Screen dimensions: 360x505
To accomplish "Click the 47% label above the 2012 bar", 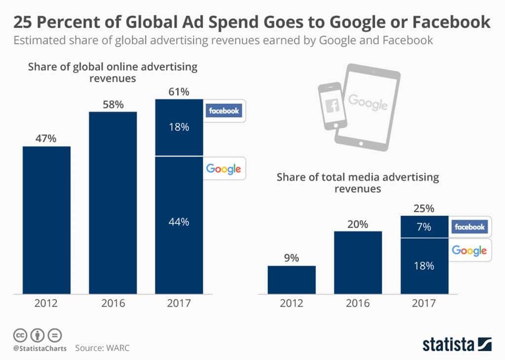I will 46,139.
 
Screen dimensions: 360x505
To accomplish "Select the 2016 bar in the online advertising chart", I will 112,202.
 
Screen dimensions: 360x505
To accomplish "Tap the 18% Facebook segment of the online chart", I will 179,127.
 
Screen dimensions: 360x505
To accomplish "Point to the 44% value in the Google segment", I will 179,222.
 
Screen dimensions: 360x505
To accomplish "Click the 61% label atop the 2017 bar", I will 179,91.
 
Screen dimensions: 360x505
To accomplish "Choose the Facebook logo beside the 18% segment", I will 224,110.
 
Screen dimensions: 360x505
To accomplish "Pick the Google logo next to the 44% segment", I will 223,169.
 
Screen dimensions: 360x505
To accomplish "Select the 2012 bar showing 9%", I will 291,280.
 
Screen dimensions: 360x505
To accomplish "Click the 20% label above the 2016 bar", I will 358,224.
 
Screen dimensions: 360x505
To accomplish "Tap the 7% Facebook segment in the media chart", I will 424,227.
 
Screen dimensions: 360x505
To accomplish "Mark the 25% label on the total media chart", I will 424,209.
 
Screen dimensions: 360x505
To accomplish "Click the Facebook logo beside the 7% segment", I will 469,227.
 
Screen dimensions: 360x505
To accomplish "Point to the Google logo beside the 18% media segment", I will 469,251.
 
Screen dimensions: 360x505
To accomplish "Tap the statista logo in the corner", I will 457,344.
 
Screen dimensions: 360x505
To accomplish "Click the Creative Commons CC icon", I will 20,335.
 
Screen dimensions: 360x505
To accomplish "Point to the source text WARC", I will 118,348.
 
